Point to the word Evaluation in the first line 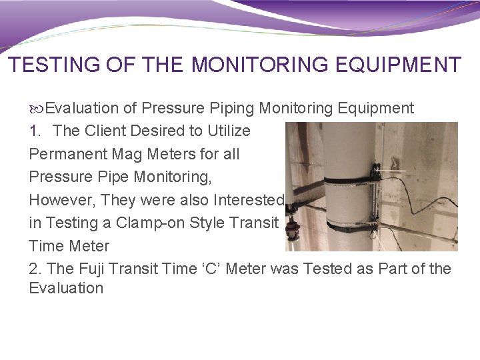(x=81, y=108)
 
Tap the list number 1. (x=35, y=131)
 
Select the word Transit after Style (x=253, y=223)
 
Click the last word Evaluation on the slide (x=66, y=289)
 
